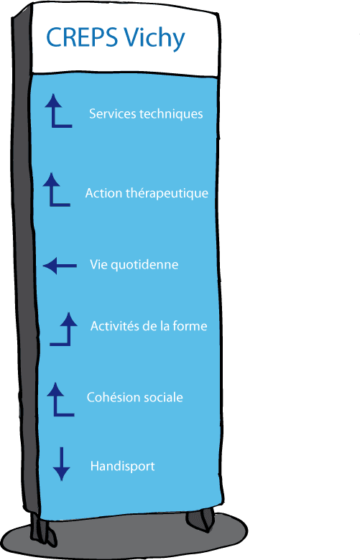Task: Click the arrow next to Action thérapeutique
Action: point(56,190)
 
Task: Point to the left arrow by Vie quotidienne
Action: point(60,266)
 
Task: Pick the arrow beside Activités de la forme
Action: point(63,329)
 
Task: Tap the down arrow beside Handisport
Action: point(61,464)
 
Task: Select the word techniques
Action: point(170,114)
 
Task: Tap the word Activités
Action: point(114,327)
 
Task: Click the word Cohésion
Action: point(111,397)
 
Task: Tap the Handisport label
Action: point(122,467)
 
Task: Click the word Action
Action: point(101,193)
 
